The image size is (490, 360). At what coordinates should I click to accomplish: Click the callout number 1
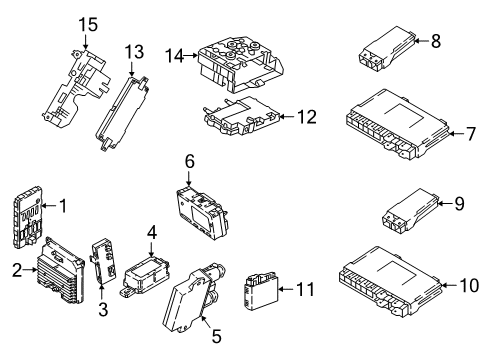pyautogui.click(x=63, y=207)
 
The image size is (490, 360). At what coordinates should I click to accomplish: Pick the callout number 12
pyautogui.click(x=305, y=118)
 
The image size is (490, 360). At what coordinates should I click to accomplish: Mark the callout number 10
pyautogui.click(x=468, y=286)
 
